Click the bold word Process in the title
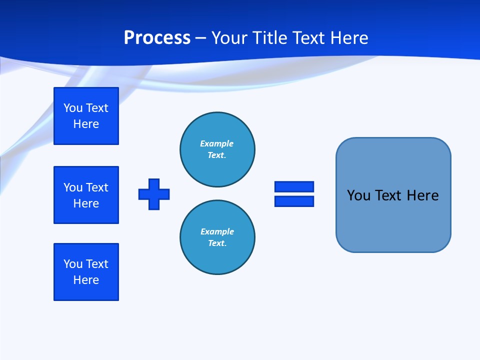[x=157, y=38]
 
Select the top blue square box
[x=86, y=116]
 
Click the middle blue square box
[x=86, y=195]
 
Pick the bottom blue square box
[x=86, y=272]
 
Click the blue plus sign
[x=154, y=194]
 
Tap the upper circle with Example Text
[x=217, y=149]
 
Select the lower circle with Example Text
[x=217, y=237]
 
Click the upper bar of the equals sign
[x=294, y=187]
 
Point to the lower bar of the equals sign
[x=294, y=201]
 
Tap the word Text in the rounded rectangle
[x=388, y=195]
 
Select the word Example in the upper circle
[x=216, y=143]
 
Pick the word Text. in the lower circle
[x=217, y=243]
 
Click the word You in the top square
[x=73, y=108]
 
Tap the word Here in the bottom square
[x=86, y=280]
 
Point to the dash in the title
[x=200, y=38]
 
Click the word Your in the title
[x=228, y=38]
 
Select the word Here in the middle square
[x=86, y=203]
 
